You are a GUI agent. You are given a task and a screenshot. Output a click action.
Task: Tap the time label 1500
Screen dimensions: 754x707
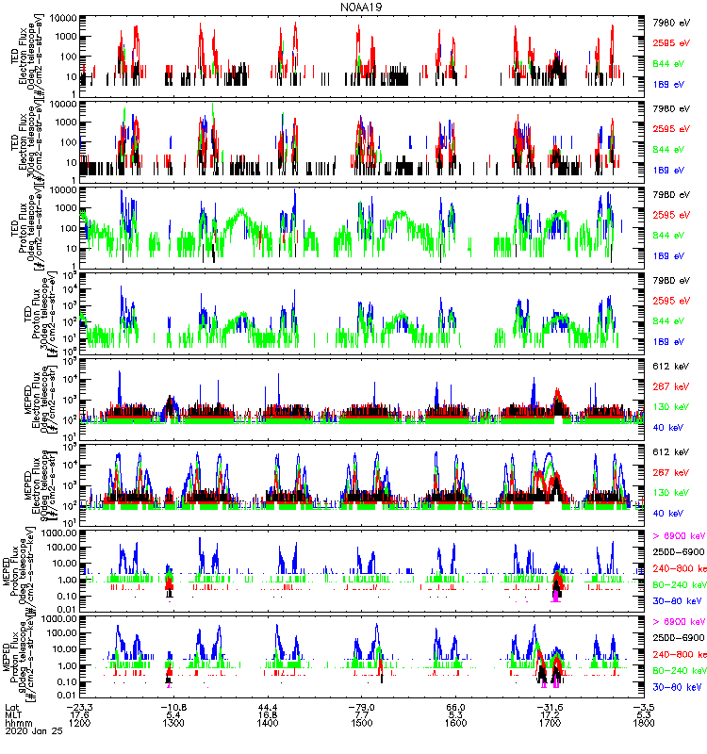point(362,725)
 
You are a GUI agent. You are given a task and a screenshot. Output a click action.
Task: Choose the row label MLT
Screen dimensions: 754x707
point(12,715)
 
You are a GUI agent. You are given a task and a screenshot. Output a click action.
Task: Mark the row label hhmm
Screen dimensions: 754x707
point(17,725)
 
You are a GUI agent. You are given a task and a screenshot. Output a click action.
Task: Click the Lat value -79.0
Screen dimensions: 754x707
point(362,706)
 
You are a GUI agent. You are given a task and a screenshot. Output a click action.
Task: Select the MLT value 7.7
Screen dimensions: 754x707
point(362,715)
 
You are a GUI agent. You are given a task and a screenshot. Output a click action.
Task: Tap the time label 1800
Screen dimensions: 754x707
point(645,725)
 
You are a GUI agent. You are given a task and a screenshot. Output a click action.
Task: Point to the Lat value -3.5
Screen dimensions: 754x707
point(645,706)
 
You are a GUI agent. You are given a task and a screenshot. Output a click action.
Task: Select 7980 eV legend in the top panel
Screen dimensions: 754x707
point(674,21)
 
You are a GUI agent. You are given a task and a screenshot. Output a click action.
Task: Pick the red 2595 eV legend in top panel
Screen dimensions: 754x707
point(674,42)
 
